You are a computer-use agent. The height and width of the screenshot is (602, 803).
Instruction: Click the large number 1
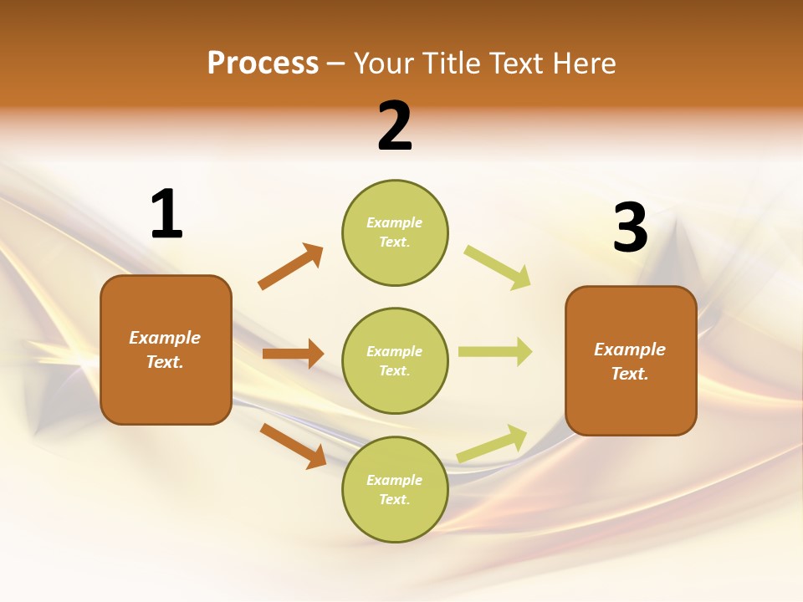[x=166, y=215]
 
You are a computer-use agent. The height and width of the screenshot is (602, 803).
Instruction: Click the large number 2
[x=395, y=127]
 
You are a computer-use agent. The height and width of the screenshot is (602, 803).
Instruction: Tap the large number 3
[x=630, y=227]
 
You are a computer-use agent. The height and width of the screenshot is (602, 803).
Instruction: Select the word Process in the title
[x=263, y=64]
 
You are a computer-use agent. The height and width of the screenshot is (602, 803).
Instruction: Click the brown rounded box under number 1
[x=166, y=349]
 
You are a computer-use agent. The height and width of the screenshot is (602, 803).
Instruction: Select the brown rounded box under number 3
[x=631, y=361]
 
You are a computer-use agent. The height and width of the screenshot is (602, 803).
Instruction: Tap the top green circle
[x=395, y=232]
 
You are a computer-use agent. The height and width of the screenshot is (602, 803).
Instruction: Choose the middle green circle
[x=395, y=360]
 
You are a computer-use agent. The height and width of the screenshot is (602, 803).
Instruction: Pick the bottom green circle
[x=395, y=489]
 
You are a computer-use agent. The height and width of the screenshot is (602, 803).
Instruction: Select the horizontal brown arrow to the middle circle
[x=293, y=354]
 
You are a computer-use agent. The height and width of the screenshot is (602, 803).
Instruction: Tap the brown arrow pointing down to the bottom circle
[x=294, y=446]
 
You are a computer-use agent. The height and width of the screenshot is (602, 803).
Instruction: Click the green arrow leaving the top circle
[x=497, y=268]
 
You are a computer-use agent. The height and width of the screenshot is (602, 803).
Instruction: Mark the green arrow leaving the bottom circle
[x=492, y=443]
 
